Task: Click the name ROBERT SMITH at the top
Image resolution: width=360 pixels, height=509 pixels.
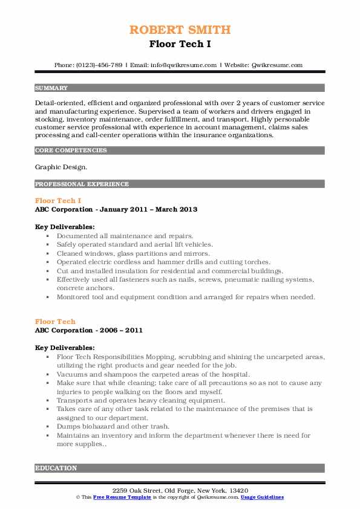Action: coord(180,30)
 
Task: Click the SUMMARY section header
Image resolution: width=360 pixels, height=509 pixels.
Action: coord(51,88)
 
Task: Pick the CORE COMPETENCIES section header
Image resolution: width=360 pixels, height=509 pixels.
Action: coord(71,150)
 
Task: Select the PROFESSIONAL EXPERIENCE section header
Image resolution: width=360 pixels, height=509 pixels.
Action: coord(82,184)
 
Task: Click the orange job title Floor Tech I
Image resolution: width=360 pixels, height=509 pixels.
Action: coord(58,200)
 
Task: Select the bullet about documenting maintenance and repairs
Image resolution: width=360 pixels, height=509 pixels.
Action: coord(125,236)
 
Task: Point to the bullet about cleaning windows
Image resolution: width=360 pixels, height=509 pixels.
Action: coord(133,253)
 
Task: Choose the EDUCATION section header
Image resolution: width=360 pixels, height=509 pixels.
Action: coord(56,468)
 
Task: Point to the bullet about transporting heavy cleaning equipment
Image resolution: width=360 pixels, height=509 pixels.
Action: coord(141,400)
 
